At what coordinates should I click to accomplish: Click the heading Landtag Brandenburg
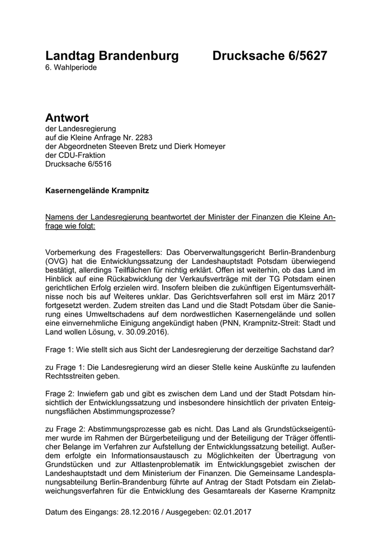pyautogui.click(x=112, y=56)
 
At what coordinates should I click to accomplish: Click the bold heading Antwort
pyautogui.click(x=67, y=118)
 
